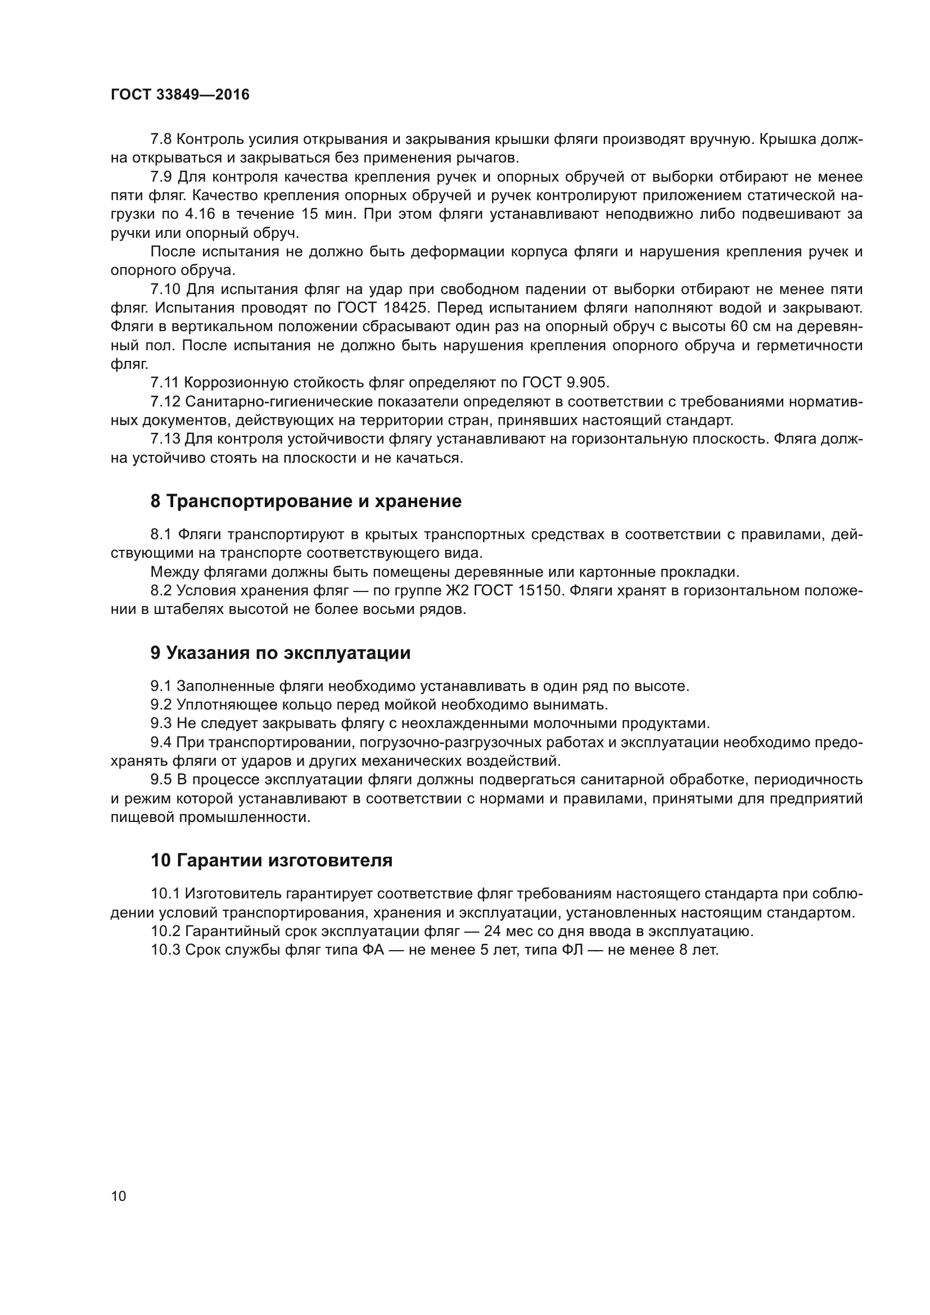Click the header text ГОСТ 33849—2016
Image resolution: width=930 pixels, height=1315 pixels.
pyautogui.click(x=180, y=95)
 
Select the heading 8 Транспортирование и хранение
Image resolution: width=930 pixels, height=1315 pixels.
pyautogui.click(x=306, y=501)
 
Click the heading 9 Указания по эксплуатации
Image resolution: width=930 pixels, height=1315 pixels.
pyautogui.click(x=280, y=653)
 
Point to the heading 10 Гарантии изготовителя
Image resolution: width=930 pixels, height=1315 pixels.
pyautogui.click(x=272, y=860)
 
